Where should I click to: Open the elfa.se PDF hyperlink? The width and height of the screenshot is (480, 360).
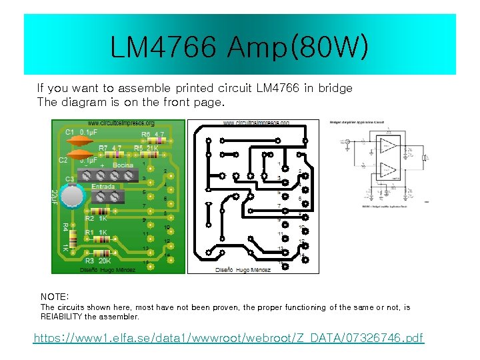pyautogui.click(x=229, y=338)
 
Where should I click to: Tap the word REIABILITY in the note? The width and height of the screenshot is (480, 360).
pyautogui.click(x=62, y=317)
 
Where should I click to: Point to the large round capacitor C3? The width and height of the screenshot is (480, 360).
pyautogui.click(x=71, y=196)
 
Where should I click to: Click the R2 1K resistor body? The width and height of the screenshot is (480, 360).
pyautogui.click(x=100, y=211)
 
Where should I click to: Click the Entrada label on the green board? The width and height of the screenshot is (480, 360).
pyautogui.click(x=103, y=187)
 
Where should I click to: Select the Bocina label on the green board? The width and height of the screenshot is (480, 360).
pyautogui.click(x=123, y=165)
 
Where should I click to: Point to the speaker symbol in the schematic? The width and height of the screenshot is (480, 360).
pyautogui.click(x=424, y=158)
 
